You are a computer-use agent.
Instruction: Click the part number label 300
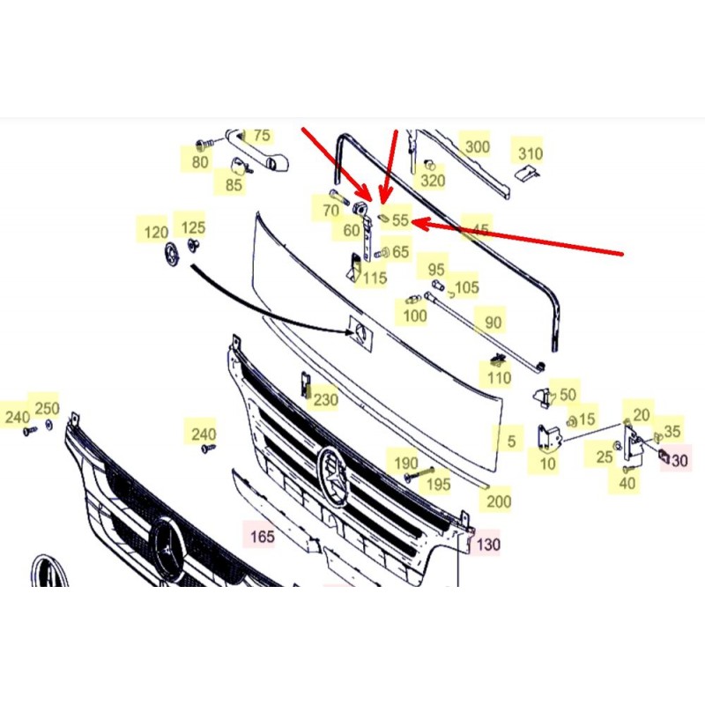(477, 146)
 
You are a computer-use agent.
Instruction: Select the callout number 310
(531, 153)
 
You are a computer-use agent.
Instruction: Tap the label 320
(433, 181)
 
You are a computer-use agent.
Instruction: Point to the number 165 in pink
(262, 537)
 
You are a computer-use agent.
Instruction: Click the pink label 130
(488, 545)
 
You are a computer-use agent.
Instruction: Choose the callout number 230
(325, 400)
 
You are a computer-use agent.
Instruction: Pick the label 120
(156, 233)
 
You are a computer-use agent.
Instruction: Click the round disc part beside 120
(171, 256)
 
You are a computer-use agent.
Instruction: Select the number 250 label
(48, 409)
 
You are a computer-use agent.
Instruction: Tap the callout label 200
(499, 501)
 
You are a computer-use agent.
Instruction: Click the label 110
(499, 378)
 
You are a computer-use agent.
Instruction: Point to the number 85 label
(234, 185)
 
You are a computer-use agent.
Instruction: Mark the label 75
(262, 136)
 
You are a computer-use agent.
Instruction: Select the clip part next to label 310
(527, 173)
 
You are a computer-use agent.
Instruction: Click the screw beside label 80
(205, 144)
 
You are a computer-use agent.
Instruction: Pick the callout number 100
(415, 315)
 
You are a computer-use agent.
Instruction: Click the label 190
(406, 464)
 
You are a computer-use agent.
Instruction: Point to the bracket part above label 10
(547, 438)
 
